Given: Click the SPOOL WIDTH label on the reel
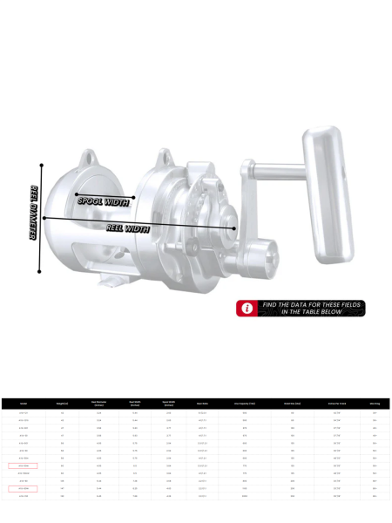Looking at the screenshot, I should pyautogui.click(x=103, y=201).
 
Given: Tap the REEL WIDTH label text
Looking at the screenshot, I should pyautogui.click(x=128, y=228).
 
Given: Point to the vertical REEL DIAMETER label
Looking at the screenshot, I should pyautogui.click(x=34, y=214).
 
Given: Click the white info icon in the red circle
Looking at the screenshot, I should pyautogui.click(x=247, y=309).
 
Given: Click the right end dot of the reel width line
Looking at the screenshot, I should pyautogui.click(x=234, y=228).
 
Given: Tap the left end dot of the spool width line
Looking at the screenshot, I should pyautogui.click(x=76, y=194).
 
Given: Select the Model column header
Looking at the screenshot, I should pyautogui.click(x=24, y=404).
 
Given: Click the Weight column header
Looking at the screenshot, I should pyautogui.click(x=63, y=404).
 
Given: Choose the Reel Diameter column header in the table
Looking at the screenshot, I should pyautogui.click(x=98, y=404).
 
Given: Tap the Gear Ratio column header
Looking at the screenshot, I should pyautogui.click(x=202, y=404).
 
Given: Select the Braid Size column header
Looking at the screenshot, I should pyautogui.click(x=292, y=404).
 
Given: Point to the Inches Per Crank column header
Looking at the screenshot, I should pyautogui.click(x=335, y=404).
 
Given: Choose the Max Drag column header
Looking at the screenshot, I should pyautogui.click(x=375, y=404).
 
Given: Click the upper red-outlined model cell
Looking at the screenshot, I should pyautogui.click(x=24, y=466).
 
